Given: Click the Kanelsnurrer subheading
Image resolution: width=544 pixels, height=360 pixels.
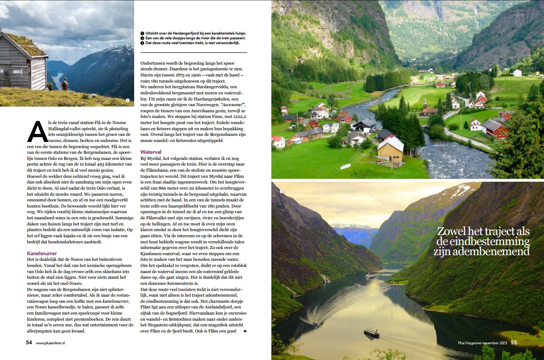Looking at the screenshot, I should click(42, 253).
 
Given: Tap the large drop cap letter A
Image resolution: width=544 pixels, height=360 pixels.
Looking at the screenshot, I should click(38, 132).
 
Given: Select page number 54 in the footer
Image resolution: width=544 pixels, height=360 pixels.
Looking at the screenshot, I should click(29, 343).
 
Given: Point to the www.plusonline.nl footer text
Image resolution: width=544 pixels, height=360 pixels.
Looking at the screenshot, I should click(50, 343).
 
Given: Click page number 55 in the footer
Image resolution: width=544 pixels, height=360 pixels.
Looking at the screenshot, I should click(514, 343).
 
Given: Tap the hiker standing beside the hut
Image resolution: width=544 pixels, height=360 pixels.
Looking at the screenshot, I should click(65, 83).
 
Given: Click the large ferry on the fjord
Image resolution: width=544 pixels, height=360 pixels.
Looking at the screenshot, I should click(371, 332).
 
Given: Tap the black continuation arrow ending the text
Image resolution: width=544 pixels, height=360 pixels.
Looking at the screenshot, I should click(245, 331).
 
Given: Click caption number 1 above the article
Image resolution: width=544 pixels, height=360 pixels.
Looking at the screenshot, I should click(142, 33).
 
